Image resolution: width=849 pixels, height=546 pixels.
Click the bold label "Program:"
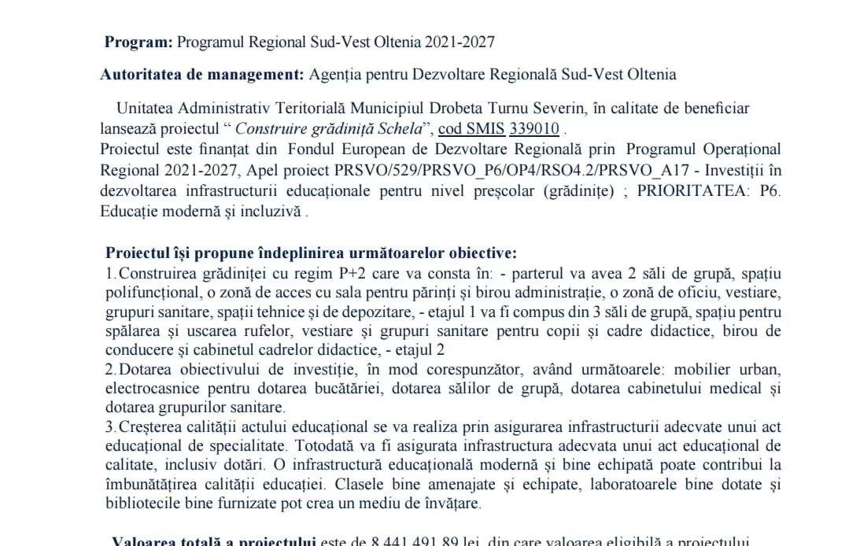(138, 42)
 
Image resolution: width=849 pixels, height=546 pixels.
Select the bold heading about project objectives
(312, 253)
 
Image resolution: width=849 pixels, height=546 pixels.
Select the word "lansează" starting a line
(131, 128)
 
